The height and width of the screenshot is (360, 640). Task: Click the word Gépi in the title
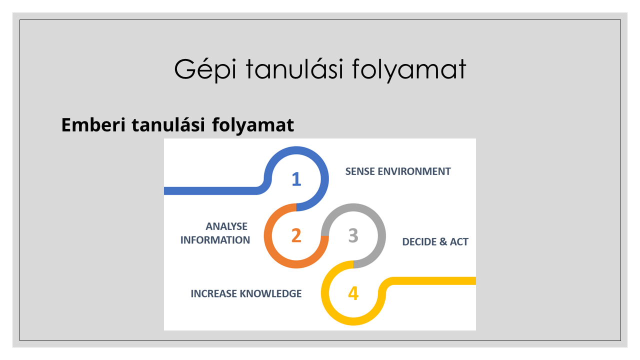pos(205,69)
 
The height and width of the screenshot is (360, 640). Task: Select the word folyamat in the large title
pos(409,69)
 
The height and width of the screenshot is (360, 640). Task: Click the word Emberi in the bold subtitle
pos(93,125)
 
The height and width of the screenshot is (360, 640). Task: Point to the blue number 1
pos(296,179)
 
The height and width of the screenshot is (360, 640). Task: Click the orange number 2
pos(296,235)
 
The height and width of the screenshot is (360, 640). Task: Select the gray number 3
pos(353,235)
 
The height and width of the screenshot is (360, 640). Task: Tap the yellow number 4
pos(353,293)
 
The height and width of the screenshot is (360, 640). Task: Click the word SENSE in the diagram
pos(360,171)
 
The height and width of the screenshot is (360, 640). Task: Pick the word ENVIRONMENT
pos(414,171)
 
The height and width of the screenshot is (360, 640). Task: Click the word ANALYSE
pos(226,226)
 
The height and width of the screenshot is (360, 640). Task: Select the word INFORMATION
pos(215,240)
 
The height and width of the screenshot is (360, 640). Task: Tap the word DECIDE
pos(419,241)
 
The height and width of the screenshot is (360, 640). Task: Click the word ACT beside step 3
pos(459,241)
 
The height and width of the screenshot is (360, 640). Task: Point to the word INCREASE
pos(213,293)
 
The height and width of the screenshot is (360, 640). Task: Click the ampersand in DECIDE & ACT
pos(443,241)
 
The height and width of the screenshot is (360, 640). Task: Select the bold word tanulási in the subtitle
pos(168,125)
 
